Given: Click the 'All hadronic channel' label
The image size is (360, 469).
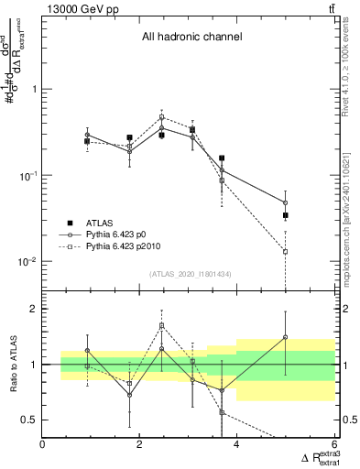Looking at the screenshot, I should coord(191,38).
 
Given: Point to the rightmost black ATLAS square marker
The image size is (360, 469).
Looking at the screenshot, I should coord(286,215).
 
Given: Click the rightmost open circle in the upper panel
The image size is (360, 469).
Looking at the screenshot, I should coord(286,202).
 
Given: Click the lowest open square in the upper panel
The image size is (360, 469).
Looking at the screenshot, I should coord(286,251).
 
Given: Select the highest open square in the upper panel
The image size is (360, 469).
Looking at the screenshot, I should coord(162,117).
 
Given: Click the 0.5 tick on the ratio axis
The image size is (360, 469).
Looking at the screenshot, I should coord(29,420).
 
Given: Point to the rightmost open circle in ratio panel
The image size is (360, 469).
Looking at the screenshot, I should coord(286,337).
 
